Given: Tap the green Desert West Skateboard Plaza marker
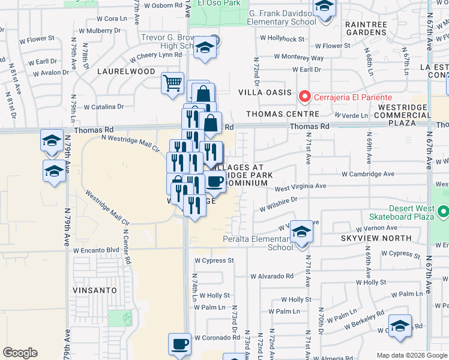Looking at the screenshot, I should (443, 212).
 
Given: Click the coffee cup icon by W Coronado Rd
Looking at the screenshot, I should (179, 344).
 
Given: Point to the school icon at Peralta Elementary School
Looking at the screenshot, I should (302, 232).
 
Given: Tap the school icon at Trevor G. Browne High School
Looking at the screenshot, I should (205, 48).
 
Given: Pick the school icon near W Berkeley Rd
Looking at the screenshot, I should (400, 326).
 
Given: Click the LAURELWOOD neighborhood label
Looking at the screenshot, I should (126, 71).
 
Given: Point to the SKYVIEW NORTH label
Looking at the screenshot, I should (376, 238).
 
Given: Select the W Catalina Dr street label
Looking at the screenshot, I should (103, 107).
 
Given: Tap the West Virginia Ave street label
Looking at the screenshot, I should (300, 187).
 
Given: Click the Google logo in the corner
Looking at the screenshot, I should (20, 353).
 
